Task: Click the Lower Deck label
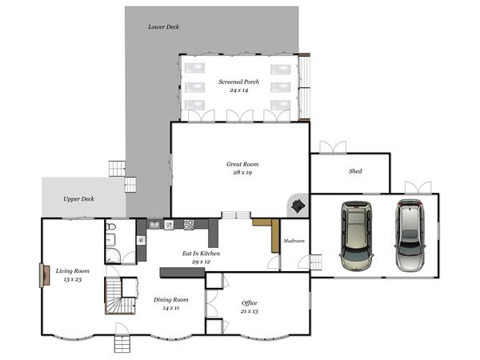click(x=163, y=27)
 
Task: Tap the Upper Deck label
click(x=78, y=199)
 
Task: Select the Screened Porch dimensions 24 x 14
click(x=238, y=90)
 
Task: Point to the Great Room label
click(x=242, y=164)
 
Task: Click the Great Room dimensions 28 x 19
click(x=242, y=173)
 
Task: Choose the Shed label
click(x=355, y=171)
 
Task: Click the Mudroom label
click(x=294, y=241)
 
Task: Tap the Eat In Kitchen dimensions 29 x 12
click(x=201, y=262)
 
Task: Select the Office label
click(x=249, y=303)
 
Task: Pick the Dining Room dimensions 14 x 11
click(x=171, y=308)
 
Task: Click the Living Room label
click(x=73, y=271)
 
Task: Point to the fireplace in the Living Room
click(x=44, y=275)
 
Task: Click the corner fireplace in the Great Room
click(x=298, y=206)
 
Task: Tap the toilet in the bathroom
click(x=111, y=227)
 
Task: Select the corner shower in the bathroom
click(x=112, y=256)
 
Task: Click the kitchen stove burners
click(x=189, y=225)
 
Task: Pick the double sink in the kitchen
click(x=154, y=224)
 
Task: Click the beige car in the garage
click(x=356, y=236)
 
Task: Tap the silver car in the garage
click(x=410, y=235)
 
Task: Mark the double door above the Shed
click(x=333, y=147)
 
